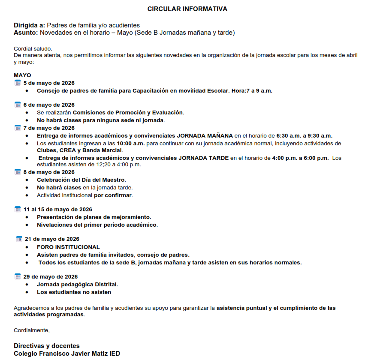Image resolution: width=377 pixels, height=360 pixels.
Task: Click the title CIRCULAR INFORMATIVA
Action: tap(187, 9)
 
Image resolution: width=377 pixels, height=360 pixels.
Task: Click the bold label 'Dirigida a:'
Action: tap(29, 25)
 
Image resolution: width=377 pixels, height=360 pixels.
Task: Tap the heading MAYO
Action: tap(22, 75)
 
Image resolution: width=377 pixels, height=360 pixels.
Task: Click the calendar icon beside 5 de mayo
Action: tap(18, 83)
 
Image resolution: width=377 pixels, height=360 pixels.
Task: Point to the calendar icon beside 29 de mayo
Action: tap(18, 276)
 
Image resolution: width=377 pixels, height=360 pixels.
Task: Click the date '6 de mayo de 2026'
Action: tap(49, 105)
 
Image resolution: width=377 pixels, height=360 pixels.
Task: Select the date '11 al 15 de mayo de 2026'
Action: tap(58, 210)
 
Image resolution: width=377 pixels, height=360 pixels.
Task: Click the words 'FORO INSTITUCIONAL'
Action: tap(68, 247)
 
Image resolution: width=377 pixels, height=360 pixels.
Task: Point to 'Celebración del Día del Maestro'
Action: tap(81, 180)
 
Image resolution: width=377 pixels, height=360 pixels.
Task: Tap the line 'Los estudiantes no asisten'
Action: tap(74, 292)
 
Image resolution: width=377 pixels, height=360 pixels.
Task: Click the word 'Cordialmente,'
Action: tap(32, 330)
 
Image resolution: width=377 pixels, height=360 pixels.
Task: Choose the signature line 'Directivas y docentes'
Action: tap(47, 346)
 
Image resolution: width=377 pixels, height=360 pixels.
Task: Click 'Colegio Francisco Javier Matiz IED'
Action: tap(67, 354)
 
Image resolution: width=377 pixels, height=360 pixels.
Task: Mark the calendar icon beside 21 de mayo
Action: tap(19, 239)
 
